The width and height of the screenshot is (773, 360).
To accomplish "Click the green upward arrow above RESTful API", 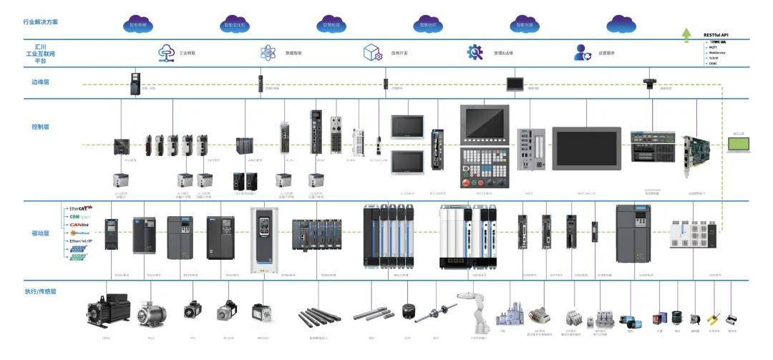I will point(686,33).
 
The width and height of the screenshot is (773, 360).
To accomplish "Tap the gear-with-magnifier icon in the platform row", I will point(475,52).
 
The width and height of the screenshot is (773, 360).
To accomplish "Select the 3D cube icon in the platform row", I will point(371,52).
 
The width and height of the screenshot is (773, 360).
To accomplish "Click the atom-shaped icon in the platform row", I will point(268,52).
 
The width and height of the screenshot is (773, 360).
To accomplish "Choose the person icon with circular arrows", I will point(581,52).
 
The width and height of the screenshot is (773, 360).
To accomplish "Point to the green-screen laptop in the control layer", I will point(738,145).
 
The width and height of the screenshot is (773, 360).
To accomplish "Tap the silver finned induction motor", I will point(152,313).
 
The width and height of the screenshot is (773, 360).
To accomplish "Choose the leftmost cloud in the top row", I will point(138,24).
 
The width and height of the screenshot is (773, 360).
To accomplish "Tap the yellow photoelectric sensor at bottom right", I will point(713,318).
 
